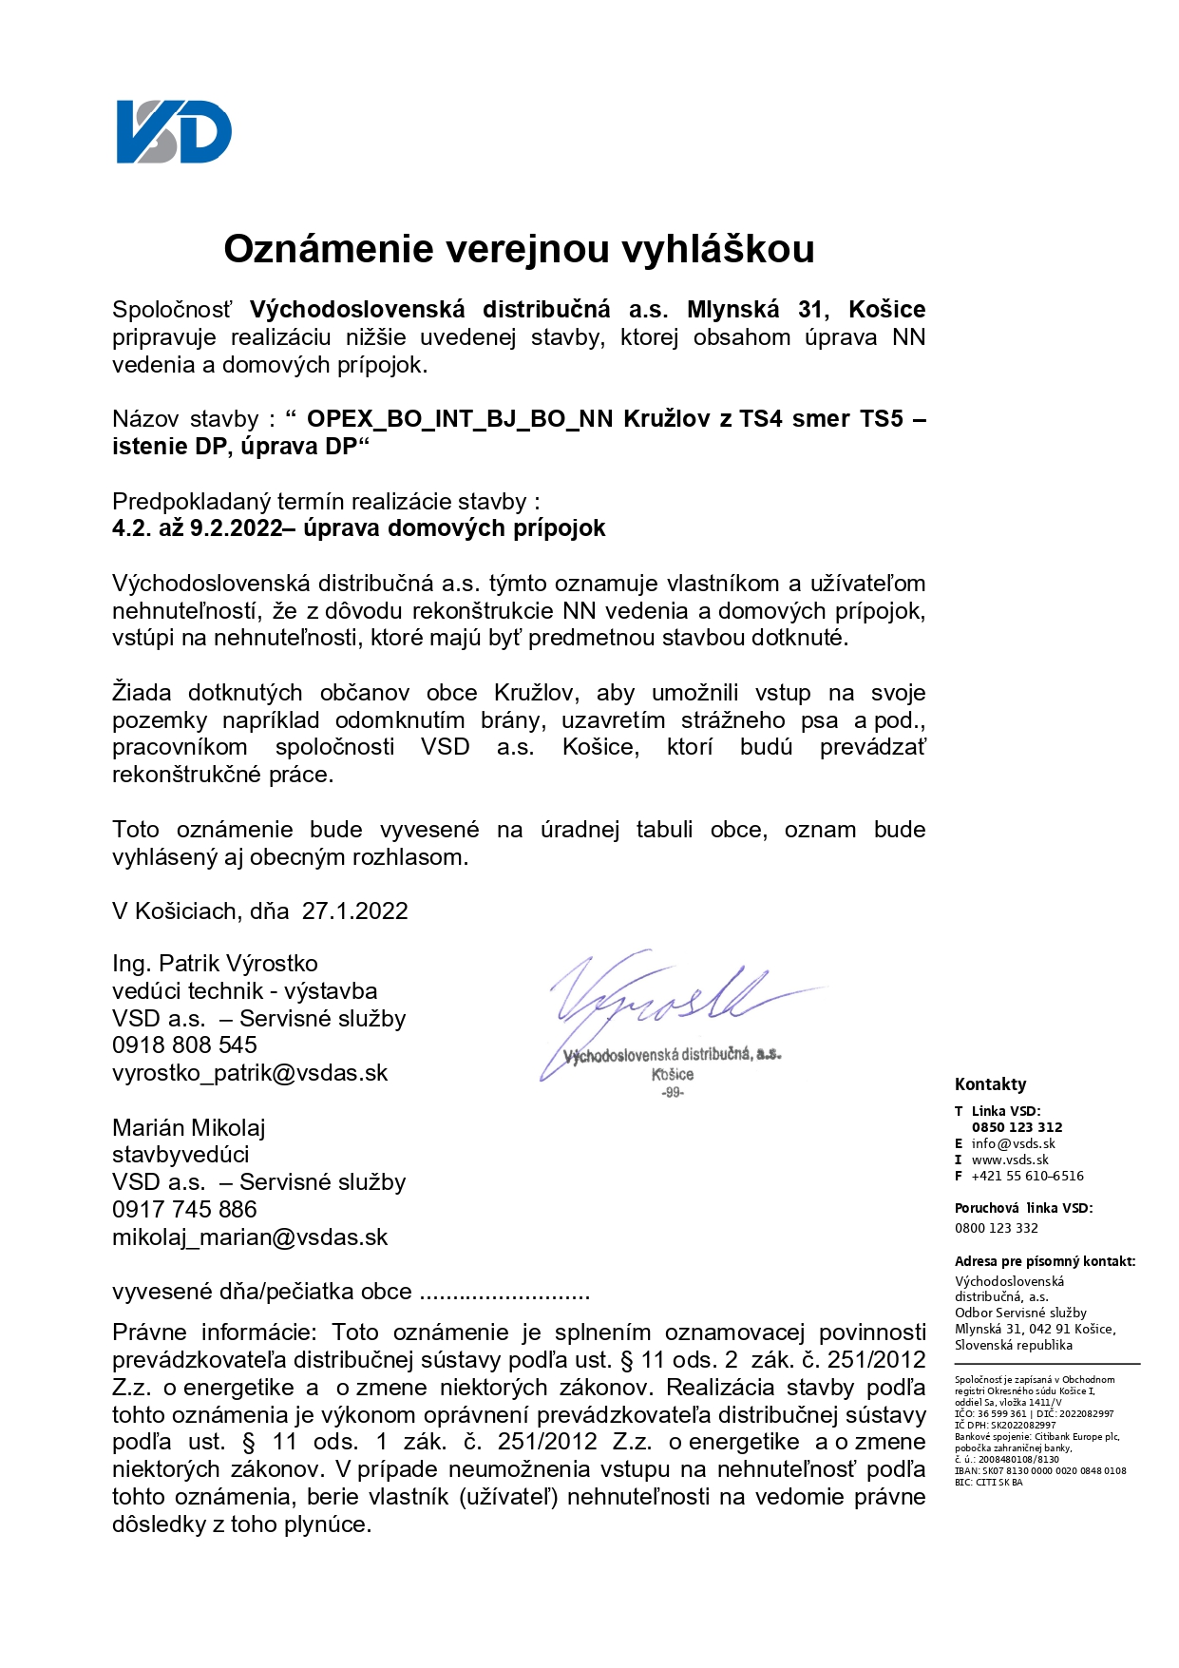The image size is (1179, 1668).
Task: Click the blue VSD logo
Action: pyautogui.click(x=174, y=132)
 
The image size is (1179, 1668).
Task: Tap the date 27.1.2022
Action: pyautogui.click(x=354, y=911)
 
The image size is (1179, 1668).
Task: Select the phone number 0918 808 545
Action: pyautogui.click(x=184, y=1045)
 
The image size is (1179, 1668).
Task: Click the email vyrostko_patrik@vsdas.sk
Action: pyautogui.click(x=250, y=1073)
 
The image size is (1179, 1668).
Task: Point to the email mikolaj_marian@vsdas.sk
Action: pyautogui.click(x=250, y=1237)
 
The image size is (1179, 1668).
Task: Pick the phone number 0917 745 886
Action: pyautogui.click(x=184, y=1210)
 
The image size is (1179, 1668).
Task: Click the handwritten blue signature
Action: pyautogui.click(x=665, y=998)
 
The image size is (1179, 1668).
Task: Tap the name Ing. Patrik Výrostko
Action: pyautogui.click(x=215, y=964)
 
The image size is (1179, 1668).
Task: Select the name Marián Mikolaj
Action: pyautogui.click(x=188, y=1128)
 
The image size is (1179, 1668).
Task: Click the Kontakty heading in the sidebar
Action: pyautogui.click(x=990, y=1084)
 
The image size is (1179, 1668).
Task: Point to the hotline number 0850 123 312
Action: pyautogui.click(x=1017, y=1127)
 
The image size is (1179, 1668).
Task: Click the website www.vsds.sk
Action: pyautogui.click(x=1010, y=1160)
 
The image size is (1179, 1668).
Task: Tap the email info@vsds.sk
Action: pyautogui.click(x=1013, y=1143)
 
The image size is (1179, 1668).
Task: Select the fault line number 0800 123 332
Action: pyautogui.click(x=996, y=1228)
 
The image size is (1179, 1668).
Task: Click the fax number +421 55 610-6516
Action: pyautogui.click(x=1027, y=1176)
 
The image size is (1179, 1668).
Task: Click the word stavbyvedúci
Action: pyautogui.click(x=181, y=1155)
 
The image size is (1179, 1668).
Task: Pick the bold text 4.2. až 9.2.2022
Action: pyautogui.click(x=198, y=528)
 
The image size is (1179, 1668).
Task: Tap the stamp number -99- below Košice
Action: pyautogui.click(x=673, y=1093)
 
